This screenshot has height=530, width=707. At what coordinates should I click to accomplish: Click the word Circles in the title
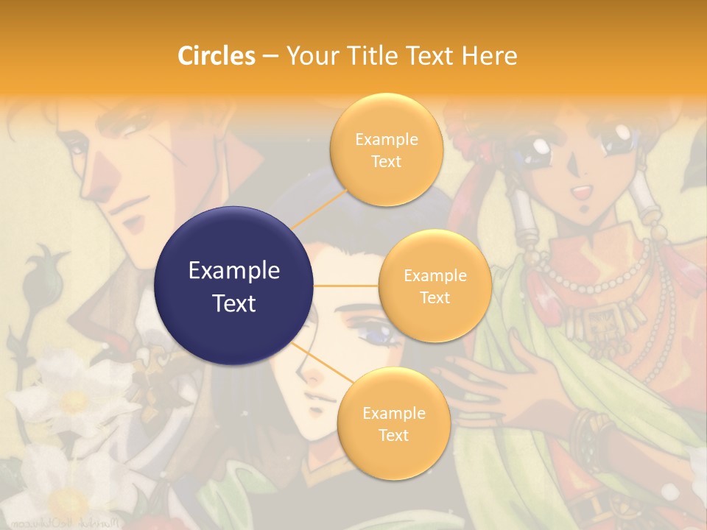point(216,55)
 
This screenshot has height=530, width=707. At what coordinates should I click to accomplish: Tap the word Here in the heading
point(489,55)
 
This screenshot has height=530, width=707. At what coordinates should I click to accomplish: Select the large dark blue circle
point(233,286)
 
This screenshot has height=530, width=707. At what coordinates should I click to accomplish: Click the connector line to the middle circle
point(346,286)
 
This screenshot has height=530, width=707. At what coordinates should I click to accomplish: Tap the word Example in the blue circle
point(233,271)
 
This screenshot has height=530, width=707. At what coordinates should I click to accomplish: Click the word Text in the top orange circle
point(386,161)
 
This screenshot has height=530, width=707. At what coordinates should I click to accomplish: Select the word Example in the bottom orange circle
point(393,413)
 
